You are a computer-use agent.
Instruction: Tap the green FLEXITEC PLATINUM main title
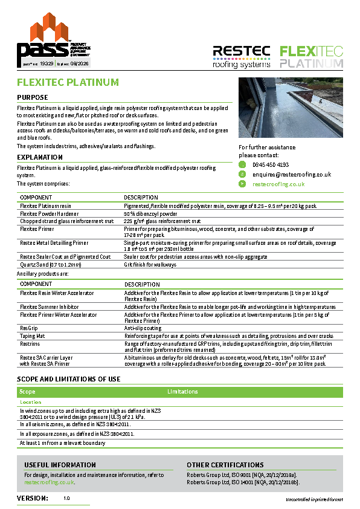click(x=68, y=82)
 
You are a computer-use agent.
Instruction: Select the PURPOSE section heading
click(x=33, y=97)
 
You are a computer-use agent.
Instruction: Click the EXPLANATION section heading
click(x=40, y=157)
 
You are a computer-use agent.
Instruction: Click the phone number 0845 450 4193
click(x=270, y=164)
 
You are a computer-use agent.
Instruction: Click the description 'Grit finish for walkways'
click(x=150, y=265)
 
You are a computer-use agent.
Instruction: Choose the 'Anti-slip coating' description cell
click(x=143, y=328)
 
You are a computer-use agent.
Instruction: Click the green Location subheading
click(x=31, y=402)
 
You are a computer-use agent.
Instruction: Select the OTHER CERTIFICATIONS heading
click(x=225, y=465)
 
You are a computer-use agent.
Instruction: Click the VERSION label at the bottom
click(x=33, y=498)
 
